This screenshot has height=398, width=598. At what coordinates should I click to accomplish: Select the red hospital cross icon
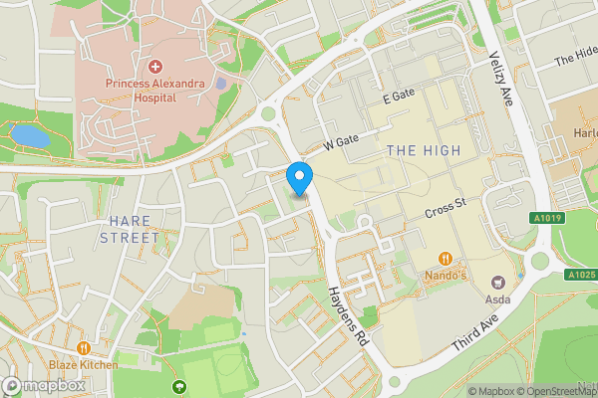point(155,67)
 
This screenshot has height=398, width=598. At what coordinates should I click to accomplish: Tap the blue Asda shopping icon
point(519,273)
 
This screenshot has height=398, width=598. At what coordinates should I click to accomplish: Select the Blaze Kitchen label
point(83,364)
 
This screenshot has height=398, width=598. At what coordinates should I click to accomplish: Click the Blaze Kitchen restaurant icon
point(83,348)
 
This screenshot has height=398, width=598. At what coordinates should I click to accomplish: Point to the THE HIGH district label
point(424,150)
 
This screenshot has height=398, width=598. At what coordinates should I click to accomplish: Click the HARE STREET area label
point(130,230)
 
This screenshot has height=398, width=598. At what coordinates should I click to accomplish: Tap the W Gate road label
point(341,145)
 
